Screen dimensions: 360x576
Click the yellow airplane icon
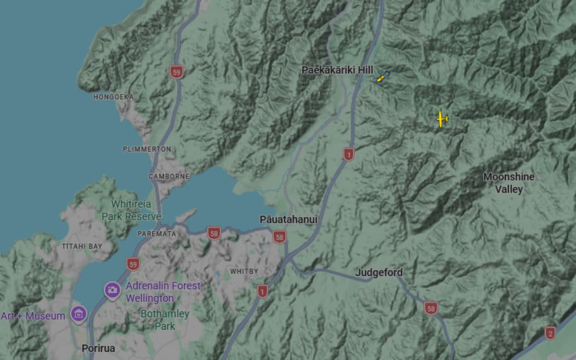[442, 119]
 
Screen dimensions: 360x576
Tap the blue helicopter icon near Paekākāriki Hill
[383, 77]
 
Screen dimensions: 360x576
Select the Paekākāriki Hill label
[337, 70]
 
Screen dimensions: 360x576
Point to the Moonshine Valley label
[509, 183]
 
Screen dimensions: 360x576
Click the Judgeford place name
[379, 272]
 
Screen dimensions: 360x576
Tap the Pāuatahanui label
[288, 220]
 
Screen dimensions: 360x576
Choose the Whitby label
[244, 272]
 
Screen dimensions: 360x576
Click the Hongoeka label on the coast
[114, 97]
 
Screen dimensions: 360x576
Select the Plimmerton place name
[147, 149]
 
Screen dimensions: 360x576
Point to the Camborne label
[169, 177]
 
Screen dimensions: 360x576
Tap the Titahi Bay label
[82, 246]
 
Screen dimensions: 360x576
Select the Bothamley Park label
[165, 320]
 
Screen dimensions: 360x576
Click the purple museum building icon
[79, 314]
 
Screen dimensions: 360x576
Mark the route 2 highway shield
[550, 333]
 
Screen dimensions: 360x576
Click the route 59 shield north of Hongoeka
[176, 72]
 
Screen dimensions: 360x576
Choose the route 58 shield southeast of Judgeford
[431, 308]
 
